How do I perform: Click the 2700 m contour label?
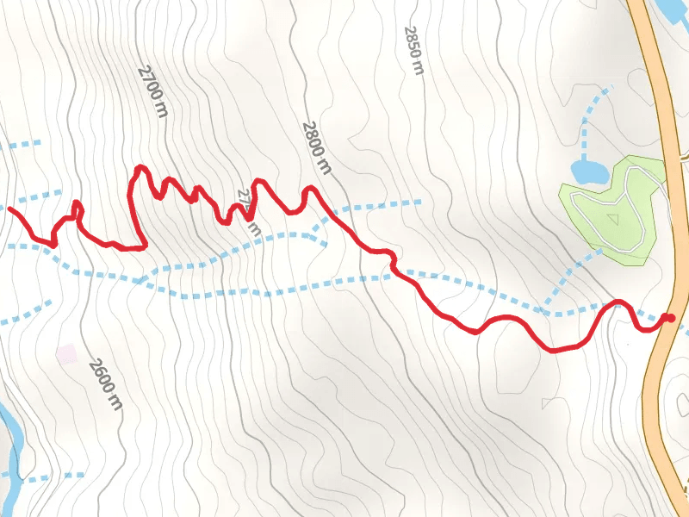152,90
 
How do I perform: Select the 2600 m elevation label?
106,383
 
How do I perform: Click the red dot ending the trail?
669,319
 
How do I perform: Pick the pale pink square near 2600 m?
66,353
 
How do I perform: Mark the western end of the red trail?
10,208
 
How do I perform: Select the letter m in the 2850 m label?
419,67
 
